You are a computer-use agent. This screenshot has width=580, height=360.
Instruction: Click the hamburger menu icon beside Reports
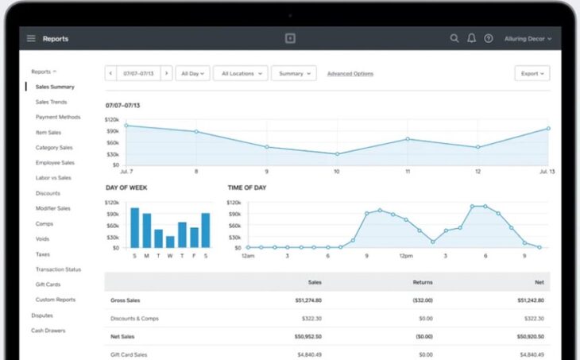pyautogui.click(x=31, y=38)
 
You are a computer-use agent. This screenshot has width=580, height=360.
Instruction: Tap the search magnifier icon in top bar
pyautogui.click(x=454, y=38)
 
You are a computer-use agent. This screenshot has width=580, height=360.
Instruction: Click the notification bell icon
pyautogui.click(x=471, y=38)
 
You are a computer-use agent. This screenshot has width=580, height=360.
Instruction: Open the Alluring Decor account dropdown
pyautogui.click(x=528, y=38)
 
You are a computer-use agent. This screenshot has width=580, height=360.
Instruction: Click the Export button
pyautogui.click(x=532, y=73)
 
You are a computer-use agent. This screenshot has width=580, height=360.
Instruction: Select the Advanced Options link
pyautogui.click(x=350, y=74)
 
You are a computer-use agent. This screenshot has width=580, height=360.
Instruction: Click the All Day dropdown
pyautogui.click(x=192, y=73)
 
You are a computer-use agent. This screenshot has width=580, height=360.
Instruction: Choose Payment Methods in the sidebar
pyautogui.click(x=58, y=117)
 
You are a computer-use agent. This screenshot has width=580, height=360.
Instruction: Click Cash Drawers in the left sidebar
pyautogui.click(x=48, y=330)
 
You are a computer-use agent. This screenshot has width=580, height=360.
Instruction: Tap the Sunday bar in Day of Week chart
pyautogui.click(x=134, y=228)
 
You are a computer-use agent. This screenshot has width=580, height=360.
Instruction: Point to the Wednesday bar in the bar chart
pyautogui.click(x=170, y=239)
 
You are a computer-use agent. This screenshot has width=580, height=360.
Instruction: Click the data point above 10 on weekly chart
pyautogui.click(x=337, y=154)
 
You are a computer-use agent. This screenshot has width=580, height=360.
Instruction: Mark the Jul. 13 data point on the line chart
pyautogui.click(x=547, y=128)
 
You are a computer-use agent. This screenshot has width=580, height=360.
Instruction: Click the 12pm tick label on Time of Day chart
pyautogui.click(x=405, y=256)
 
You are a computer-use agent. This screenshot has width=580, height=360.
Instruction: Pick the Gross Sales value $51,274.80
pyautogui.click(x=307, y=300)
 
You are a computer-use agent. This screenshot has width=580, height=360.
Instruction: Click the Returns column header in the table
pyautogui.click(x=423, y=281)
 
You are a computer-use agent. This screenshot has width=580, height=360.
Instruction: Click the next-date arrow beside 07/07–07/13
pyautogui.click(x=166, y=73)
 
